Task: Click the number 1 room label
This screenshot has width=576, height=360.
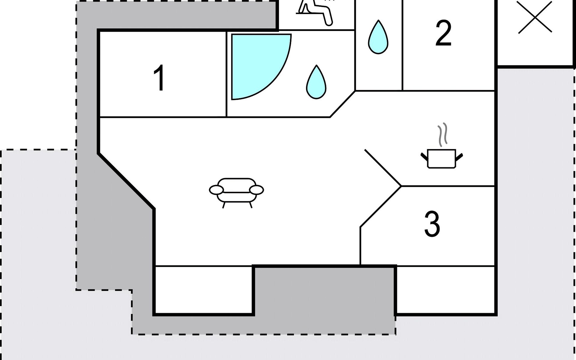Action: pyautogui.click(x=159, y=78)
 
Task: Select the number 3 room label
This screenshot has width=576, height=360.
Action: pyautogui.click(x=432, y=224)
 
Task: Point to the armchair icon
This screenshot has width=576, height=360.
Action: pyautogui.click(x=236, y=191)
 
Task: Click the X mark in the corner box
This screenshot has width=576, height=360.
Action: pyautogui.click(x=535, y=17)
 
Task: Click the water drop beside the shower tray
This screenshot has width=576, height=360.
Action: pyautogui.click(x=316, y=82)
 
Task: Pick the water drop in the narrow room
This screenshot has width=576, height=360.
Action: pyautogui.click(x=378, y=38)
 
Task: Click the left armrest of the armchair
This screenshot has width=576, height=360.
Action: pyautogui.click(x=216, y=190)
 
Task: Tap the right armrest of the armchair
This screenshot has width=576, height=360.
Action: pyautogui.click(x=256, y=190)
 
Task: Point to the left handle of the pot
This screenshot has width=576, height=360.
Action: pyautogui.click(x=424, y=156)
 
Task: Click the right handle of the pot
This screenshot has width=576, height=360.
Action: pyautogui.click(x=459, y=156)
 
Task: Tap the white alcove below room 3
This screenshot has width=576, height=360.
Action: pyautogui.click(x=445, y=289)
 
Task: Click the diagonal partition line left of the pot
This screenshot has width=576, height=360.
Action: pyautogui.click(x=382, y=167)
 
